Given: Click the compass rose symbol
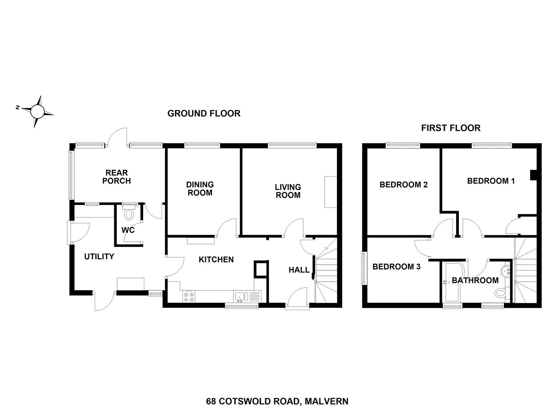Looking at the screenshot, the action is pos(38,111).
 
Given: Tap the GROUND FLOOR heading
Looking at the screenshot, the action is pos(204,114).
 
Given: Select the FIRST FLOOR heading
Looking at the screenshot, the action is pos(451,128).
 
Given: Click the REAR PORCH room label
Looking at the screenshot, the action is pos(116,177).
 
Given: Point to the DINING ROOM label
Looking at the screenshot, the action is pos(200,189).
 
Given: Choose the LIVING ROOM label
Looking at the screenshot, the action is pos(288,191).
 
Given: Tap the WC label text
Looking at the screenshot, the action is pos(128,230).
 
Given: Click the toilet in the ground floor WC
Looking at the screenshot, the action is pos(129,212).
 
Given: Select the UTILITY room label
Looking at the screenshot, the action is pos(99,256).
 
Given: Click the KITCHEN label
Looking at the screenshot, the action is pos(216,260).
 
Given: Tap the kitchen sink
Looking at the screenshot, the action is pos(240,297).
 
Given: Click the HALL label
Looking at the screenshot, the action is pos(299,270).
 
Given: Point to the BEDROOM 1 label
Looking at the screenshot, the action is pos(491,181).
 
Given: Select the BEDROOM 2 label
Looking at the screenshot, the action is pos(404,185).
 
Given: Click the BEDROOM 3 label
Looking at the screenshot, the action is pos(396,267).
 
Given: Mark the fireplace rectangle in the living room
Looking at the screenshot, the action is pos(331,192).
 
